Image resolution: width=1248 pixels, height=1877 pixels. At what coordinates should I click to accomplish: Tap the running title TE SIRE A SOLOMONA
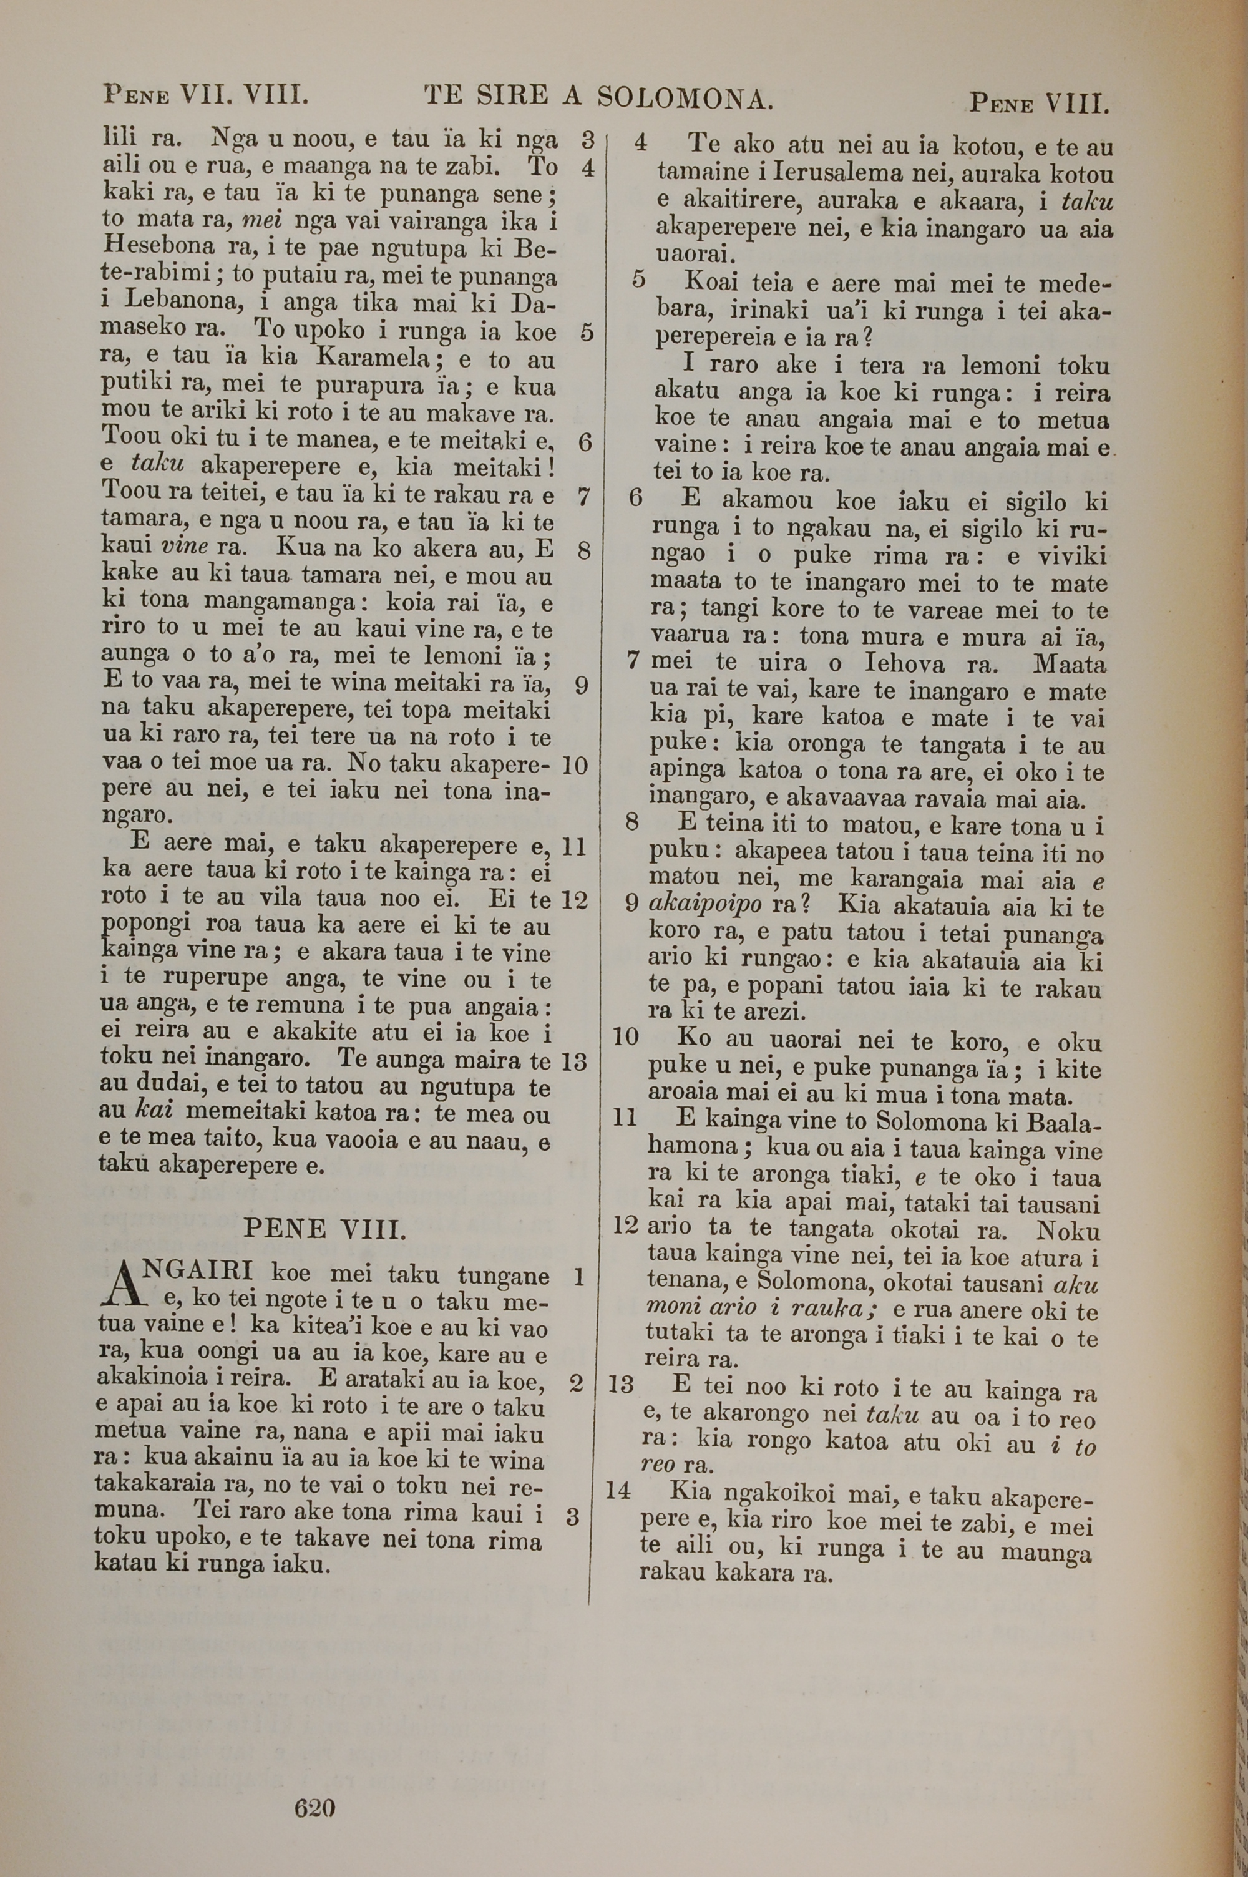click(x=598, y=97)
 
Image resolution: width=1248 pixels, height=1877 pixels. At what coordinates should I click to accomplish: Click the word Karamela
click(x=373, y=359)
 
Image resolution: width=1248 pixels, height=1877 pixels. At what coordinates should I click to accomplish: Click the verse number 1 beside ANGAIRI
click(x=578, y=1277)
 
